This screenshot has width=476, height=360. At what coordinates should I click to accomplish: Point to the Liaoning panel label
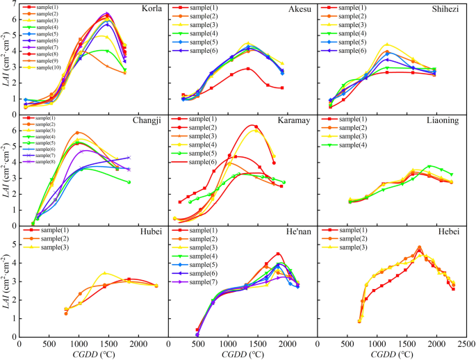point(444,120)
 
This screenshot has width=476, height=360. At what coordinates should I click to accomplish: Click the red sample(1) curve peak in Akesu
point(247,68)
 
